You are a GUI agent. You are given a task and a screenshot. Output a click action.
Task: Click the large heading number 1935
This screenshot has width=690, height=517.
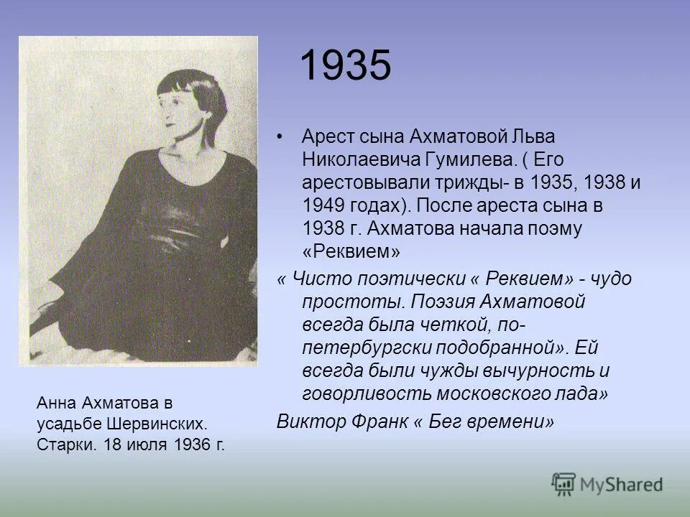[345, 66]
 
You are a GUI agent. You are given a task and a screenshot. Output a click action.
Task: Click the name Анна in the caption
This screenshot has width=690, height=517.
[55, 404]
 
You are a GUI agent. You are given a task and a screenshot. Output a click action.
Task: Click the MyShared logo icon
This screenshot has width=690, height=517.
[565, 483]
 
